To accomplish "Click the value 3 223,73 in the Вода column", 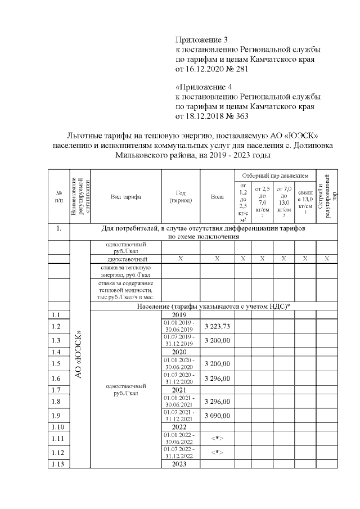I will tap(217, 326).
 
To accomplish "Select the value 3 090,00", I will tap(217, 416).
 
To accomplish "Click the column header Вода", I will tap(217, 197).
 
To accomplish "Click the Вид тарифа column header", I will tap(125, 197).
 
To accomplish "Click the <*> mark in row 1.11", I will tap(217, 437).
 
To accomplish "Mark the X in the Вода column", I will tap(217, 259).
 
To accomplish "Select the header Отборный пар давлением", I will tap(275, 176).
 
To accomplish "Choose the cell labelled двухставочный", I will tap(125, 259).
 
